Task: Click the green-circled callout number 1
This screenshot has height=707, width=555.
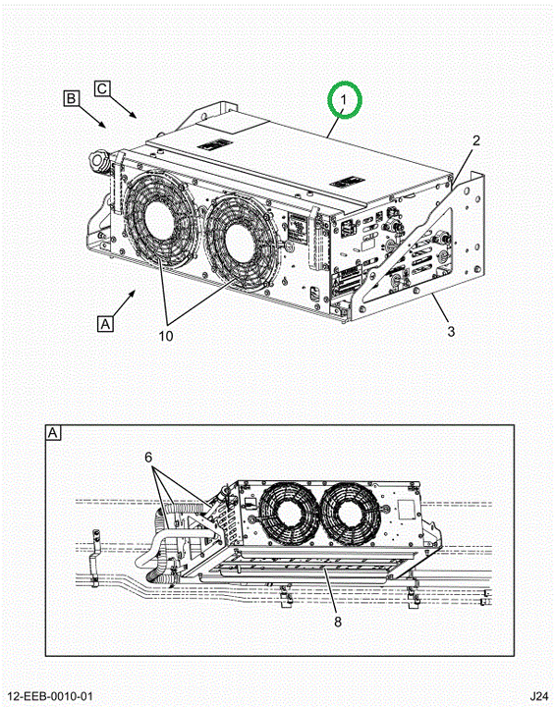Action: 344,99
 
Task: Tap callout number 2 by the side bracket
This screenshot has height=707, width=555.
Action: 476,140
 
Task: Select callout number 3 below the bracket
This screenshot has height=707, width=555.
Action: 451,332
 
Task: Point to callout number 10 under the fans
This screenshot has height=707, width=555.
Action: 166,336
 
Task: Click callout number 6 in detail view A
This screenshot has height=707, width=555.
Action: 148,458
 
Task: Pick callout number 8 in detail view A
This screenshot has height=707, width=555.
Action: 338,622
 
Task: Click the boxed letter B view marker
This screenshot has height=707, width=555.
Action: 72,98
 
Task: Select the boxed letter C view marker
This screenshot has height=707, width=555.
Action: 102,88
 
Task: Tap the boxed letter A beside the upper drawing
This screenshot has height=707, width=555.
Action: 105,324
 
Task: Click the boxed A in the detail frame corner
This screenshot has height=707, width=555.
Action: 53,433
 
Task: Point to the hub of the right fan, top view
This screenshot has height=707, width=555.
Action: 240,244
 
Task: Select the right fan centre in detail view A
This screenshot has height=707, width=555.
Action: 348,514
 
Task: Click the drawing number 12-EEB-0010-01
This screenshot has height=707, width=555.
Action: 50,696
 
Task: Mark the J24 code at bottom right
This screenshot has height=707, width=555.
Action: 538,696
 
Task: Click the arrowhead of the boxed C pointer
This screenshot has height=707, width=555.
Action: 134,115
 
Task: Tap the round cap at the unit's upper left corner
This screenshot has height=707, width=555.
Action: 97,159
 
